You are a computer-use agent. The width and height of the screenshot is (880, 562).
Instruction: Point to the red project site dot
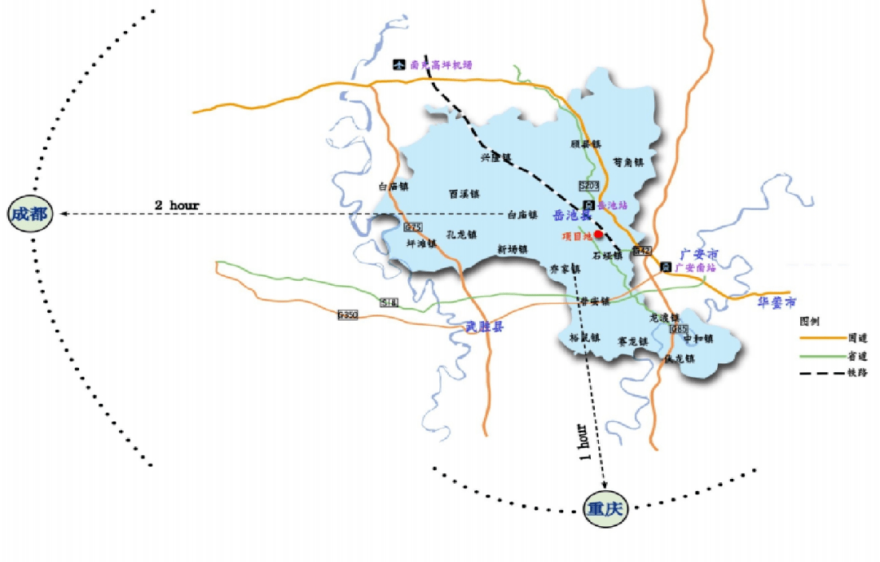[x=598, y=235]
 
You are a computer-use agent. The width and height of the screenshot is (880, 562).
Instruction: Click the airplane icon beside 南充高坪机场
[x=399, y=64]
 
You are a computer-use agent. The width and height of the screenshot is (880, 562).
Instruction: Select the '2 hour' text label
[x=177, y=205]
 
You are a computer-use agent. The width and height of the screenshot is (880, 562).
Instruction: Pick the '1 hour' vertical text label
[x=583, y=442]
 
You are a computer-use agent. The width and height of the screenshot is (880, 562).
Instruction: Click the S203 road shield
[x=590, y=187]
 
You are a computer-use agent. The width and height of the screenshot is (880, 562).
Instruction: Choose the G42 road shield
[x=642, y=251]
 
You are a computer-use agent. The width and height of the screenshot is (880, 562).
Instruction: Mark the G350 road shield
[x=348, y=315]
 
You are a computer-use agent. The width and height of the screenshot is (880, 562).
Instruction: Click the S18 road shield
[x=389, y=302]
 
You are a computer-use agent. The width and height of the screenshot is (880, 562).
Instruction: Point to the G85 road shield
[x=679, y=329]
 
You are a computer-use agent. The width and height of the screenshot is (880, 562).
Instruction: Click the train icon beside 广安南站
[x=666, y=267]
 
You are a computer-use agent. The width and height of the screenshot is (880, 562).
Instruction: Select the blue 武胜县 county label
[x=485, y=327]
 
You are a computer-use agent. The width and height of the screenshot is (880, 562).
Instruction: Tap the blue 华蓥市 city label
[x=777, y=301]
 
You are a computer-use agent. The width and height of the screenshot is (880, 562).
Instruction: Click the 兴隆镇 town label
[x=495, y=157]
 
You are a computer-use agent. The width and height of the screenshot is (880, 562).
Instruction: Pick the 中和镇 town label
[x=698, y=339]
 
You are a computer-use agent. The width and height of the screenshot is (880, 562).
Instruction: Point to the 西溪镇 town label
[x=464, y=195]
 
